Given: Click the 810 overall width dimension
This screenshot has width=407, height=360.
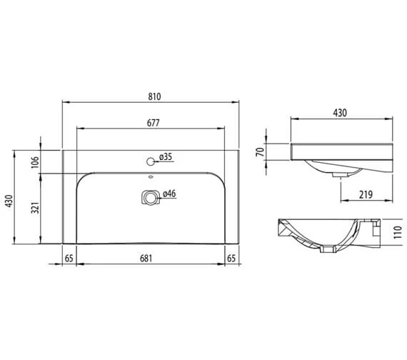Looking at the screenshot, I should coord(152,94).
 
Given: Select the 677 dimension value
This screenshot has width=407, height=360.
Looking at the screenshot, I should coord(153,123).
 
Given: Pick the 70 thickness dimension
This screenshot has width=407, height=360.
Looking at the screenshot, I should coord(261,152).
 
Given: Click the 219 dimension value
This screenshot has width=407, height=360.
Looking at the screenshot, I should coord(366,193).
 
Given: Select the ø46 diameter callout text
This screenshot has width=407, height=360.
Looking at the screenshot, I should coord(169,194).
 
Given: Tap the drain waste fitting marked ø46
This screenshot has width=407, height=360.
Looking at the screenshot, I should coord(149,196).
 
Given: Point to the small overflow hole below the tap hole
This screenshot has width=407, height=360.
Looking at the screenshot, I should coord(150,178).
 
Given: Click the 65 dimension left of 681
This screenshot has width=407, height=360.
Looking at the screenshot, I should coord(69,257).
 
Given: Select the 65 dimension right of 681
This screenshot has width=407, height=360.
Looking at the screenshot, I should coord(231,257).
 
